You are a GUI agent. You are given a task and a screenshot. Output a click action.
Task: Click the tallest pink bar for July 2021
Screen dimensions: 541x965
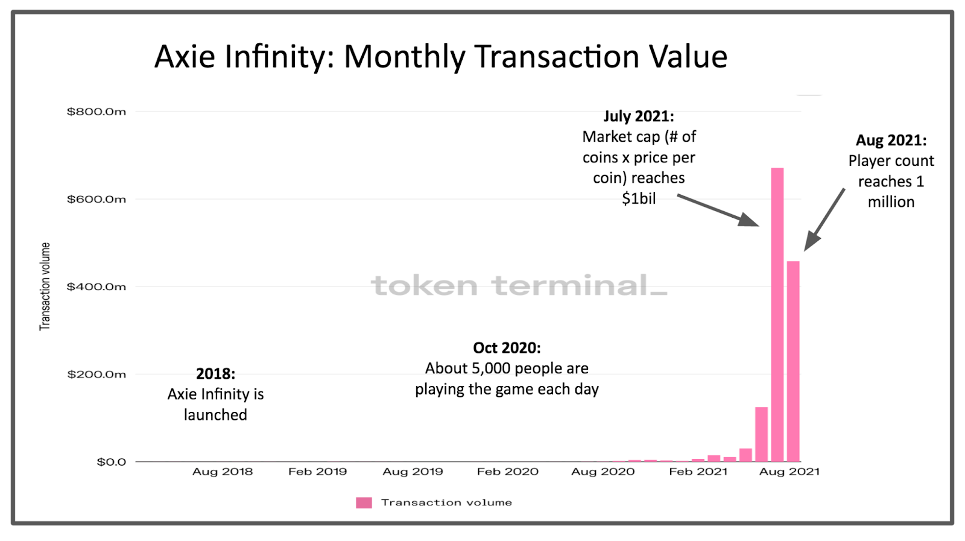click(777, 314)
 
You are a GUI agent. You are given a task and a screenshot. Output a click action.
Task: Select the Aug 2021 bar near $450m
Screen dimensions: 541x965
click(793, 362)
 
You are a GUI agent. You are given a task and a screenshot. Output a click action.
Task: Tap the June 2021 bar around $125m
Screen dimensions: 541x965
click(761, 434)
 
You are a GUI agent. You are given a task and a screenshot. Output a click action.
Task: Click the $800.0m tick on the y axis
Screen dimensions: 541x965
click(96, 112)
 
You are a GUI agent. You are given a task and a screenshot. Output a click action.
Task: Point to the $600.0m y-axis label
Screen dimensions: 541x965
click(96, 199)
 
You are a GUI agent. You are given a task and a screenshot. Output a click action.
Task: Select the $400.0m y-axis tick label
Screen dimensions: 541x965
click(96, 286)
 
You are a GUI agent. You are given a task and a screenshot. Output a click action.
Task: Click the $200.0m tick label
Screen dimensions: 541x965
click(96, 374)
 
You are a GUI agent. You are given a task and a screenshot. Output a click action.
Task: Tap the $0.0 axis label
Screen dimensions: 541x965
click(112, 462)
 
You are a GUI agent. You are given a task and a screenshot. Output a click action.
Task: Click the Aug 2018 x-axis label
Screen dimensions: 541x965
click(223, 472)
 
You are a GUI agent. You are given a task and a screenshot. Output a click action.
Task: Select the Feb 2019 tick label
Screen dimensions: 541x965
click(317, 472)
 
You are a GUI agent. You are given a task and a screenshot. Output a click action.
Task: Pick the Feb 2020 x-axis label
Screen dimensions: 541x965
click(507, 472)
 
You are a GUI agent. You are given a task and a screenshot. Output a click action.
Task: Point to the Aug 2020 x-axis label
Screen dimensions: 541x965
click(603, 472)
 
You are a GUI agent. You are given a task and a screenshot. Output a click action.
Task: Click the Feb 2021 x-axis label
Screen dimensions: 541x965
click(698, 472)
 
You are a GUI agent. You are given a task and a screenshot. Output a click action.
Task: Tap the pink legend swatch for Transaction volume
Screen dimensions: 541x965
click(364, 502)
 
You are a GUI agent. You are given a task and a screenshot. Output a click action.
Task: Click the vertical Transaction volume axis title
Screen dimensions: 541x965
click(45, 286)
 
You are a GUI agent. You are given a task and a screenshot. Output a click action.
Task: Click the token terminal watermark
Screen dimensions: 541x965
click(519, 285)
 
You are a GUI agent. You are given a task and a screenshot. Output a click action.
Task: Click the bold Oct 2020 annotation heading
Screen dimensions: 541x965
click(507, 348)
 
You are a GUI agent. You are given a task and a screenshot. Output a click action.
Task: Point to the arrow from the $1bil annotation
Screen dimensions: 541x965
click(718, 210)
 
